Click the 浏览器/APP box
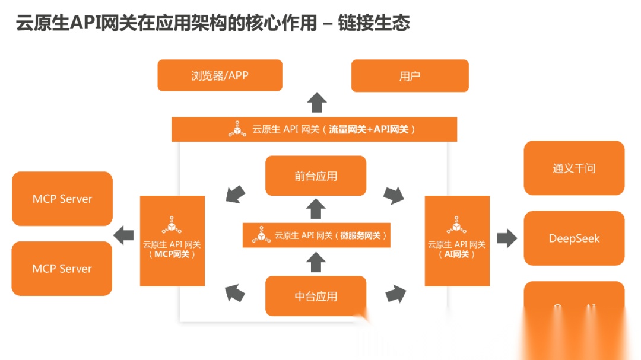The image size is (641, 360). (x=220, y=75)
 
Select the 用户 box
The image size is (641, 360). (x=410, y=76)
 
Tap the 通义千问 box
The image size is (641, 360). (x=574, y=168)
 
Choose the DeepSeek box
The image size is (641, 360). (x=574, y=238)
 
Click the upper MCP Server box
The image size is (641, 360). (x=62, y=199)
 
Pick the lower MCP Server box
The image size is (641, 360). (x=62, y=269)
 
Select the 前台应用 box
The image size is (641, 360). (x=315, y=176)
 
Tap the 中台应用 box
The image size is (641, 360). (x=315, y=296)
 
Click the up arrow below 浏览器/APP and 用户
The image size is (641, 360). (x=317, y=103)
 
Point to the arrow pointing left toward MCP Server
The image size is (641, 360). (x=124, y=235)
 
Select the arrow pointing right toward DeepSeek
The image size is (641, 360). (x=507, y=238)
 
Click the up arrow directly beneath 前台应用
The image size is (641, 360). (x=316, y=209)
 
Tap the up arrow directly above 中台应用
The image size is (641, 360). (x=316, y=262)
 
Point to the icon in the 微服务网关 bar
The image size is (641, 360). (x=261, y=235)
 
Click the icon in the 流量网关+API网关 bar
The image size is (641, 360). (x=237, y=129)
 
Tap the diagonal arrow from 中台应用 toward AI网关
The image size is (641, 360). (x=396, y=293)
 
